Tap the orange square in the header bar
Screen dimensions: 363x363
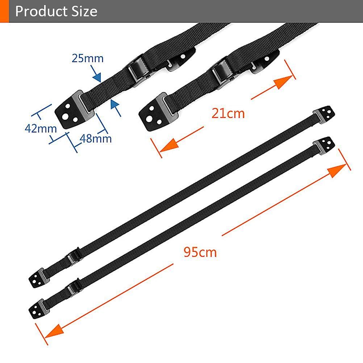point(4,11)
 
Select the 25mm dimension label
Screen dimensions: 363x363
point(88,58)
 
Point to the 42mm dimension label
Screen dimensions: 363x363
point(41,129)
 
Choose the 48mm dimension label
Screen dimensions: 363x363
point(95,139)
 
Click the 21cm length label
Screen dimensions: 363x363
point(228,113)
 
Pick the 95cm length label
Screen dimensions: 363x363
point(200,252)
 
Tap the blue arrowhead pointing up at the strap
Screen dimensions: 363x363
point(114,104)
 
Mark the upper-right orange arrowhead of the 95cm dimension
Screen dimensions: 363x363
point(337,170)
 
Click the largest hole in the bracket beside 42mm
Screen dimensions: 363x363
point(65,116)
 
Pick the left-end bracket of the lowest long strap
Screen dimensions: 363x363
point(38,309)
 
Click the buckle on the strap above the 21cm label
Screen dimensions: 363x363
point(220,71)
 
